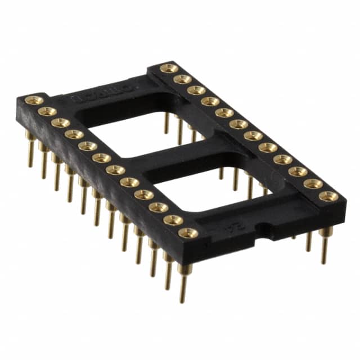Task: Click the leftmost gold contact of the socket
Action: pos(34,101)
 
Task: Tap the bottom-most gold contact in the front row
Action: pos(188,232)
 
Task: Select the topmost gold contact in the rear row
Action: pos(169,69)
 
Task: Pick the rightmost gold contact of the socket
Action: pos(328,196)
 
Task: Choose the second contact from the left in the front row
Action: pos(47,111)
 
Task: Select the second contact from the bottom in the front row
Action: pos(173,220)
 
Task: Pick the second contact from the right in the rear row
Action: pos(313,183)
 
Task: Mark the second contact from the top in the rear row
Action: pos(182,79)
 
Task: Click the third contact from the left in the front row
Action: pos(60,123)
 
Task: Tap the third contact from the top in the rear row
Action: pos(196,90)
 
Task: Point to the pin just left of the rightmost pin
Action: pos(309,241)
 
